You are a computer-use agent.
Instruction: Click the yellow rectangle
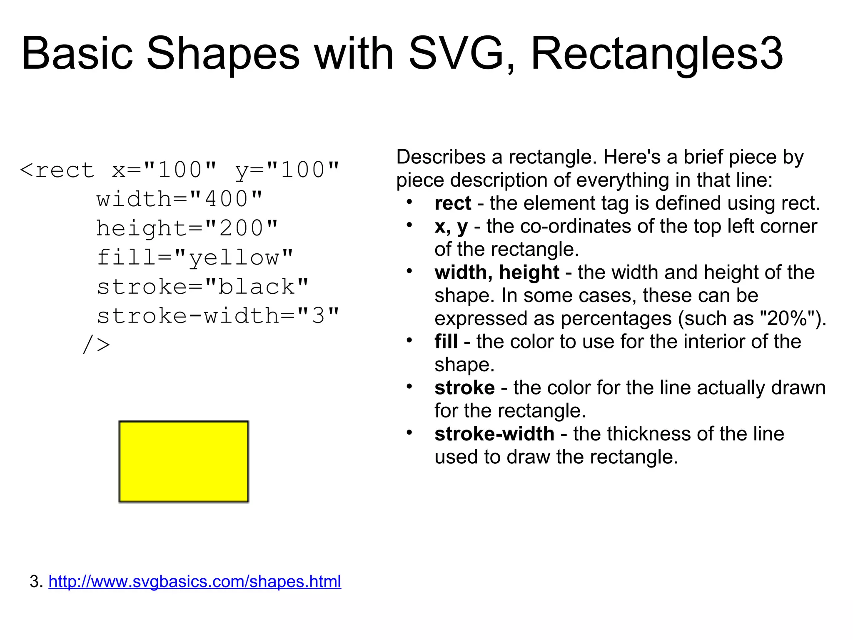(184, 462)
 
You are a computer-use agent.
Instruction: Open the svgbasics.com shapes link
(195, 581)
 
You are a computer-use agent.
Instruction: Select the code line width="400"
(180, 199)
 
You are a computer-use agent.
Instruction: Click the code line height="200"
(187, 228)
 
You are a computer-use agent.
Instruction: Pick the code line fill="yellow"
(195, 257)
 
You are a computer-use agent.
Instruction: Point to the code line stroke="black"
(203, 287)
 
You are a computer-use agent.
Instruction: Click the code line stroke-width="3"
(218, 316)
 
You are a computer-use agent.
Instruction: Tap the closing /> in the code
(97, 345)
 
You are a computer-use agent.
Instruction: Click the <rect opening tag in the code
(57, 170)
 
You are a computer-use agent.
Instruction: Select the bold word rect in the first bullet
(452, 203)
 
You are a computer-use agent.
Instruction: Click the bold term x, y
(451, 227)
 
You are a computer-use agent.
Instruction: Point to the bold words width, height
(496, 272)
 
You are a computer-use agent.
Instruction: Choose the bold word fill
(446, 342)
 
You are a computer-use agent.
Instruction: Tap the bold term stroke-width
(494, 434)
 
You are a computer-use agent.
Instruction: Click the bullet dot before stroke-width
(409, 432)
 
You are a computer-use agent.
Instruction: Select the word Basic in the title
(77, 53)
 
